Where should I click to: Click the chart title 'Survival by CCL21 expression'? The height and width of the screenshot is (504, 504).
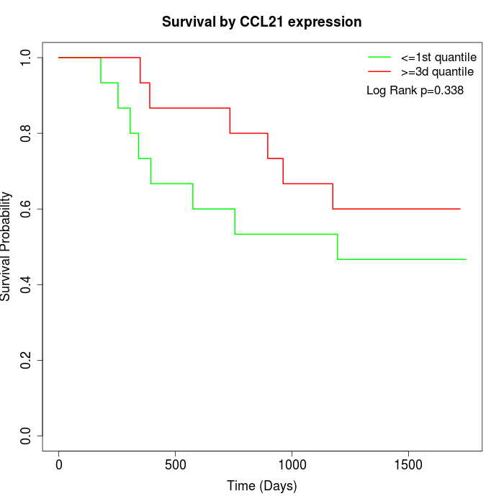point(261,22)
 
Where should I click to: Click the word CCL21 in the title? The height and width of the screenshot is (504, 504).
point(263,22)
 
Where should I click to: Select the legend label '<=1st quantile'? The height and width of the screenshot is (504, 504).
point(438,57)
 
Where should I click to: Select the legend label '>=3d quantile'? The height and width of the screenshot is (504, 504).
point(437,72)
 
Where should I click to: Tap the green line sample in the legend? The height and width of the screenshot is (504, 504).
point(379,57)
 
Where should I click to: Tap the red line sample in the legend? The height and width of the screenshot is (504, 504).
point(379,72)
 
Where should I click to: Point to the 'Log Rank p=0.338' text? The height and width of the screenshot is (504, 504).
point(415,91)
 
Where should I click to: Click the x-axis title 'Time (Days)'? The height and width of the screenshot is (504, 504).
point(261,486)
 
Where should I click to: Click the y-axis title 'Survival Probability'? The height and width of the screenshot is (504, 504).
point(6,246)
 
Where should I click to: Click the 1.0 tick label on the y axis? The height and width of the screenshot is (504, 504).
point(27,58)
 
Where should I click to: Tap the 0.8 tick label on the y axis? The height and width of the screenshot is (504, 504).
point(27,133)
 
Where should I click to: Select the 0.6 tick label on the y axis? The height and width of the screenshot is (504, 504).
point(27,209)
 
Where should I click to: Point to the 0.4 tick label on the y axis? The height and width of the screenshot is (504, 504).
point(27,284)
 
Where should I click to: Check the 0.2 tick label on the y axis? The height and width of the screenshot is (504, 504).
point(27,360)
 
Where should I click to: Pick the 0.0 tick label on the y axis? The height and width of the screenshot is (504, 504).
point(27,436)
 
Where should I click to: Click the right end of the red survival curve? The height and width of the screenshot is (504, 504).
point(459,209)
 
